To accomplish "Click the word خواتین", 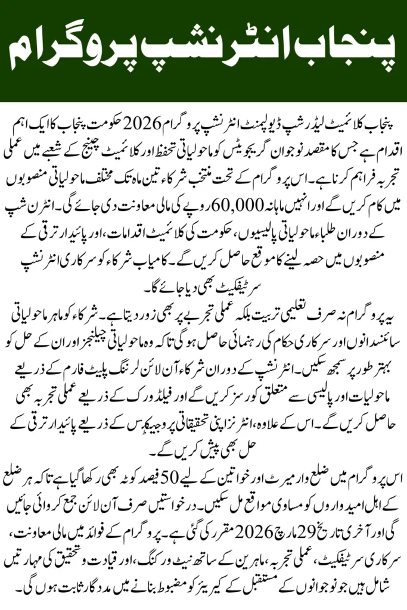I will [238, 465].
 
